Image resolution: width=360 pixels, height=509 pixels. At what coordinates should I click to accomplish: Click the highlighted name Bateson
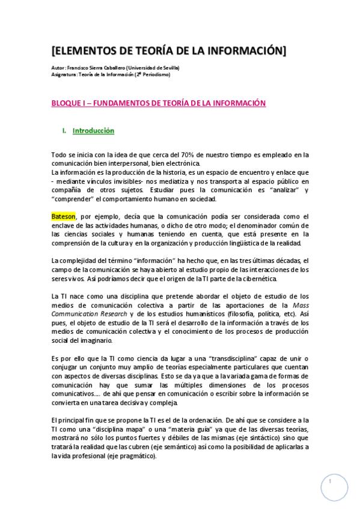63,217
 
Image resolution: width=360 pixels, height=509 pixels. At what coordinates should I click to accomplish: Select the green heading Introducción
93,130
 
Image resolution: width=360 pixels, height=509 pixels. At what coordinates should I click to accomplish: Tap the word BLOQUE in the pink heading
68,103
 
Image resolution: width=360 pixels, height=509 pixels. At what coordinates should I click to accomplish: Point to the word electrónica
182,163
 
